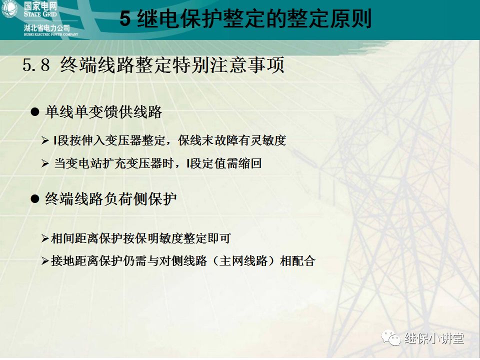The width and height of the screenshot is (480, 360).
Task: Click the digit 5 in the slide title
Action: pos(125,19)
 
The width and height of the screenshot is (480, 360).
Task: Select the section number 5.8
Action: pos(36,65)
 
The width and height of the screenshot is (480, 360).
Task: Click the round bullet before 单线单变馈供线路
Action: pos(35,112)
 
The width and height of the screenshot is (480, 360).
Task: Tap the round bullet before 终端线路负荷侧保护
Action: pos(35,199)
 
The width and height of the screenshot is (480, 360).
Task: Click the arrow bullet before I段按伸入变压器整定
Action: pos(45,141)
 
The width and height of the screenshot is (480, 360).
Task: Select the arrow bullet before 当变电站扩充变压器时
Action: pos(45,163)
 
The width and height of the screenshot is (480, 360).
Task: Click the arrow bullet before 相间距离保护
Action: pos(45,239)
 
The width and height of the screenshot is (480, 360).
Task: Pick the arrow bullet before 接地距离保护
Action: pos(45,261)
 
